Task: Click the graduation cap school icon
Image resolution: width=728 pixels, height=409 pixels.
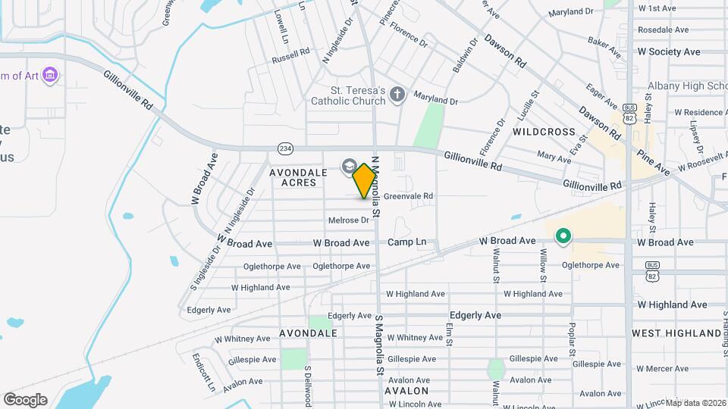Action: (x=350, y=166)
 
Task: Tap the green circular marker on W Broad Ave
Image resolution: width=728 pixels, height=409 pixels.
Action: (x=563, y=237)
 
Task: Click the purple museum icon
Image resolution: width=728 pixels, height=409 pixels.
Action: (x=51, y=75)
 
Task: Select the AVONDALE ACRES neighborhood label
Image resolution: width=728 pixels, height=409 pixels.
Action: (x=298, y=177)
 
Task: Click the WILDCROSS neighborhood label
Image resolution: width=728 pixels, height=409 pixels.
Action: (x=544, y=132)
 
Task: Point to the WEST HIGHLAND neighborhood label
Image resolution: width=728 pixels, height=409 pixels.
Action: (x=676, y=333)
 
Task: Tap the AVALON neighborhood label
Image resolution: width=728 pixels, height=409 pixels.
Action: (x=407, y=391)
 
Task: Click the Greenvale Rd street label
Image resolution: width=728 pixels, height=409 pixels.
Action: (x=408, y=196)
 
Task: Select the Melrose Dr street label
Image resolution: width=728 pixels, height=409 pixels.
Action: (x=348, y=220)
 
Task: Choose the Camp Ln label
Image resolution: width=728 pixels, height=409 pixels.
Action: (x=406, y=242)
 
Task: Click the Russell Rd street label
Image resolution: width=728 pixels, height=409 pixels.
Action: (x=291, y=58)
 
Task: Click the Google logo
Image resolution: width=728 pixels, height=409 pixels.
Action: (x=25, y=399)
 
